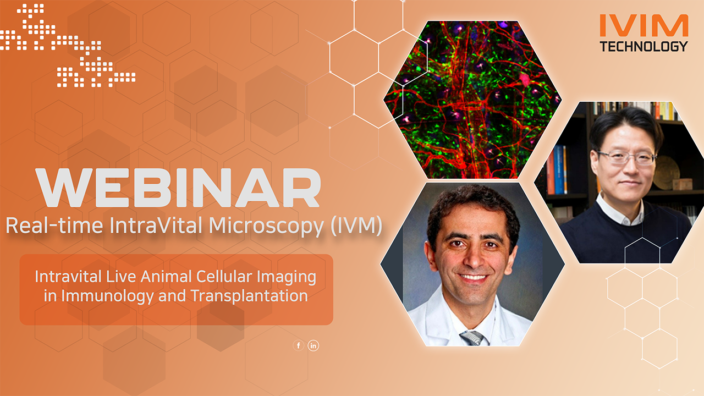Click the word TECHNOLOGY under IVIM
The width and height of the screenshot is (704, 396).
644,46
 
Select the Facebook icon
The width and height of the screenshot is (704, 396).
299,345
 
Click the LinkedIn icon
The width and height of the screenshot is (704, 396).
313,345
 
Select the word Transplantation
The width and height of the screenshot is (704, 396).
249,295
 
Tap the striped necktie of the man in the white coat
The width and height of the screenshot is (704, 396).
472,337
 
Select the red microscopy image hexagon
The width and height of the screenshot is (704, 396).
472,99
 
